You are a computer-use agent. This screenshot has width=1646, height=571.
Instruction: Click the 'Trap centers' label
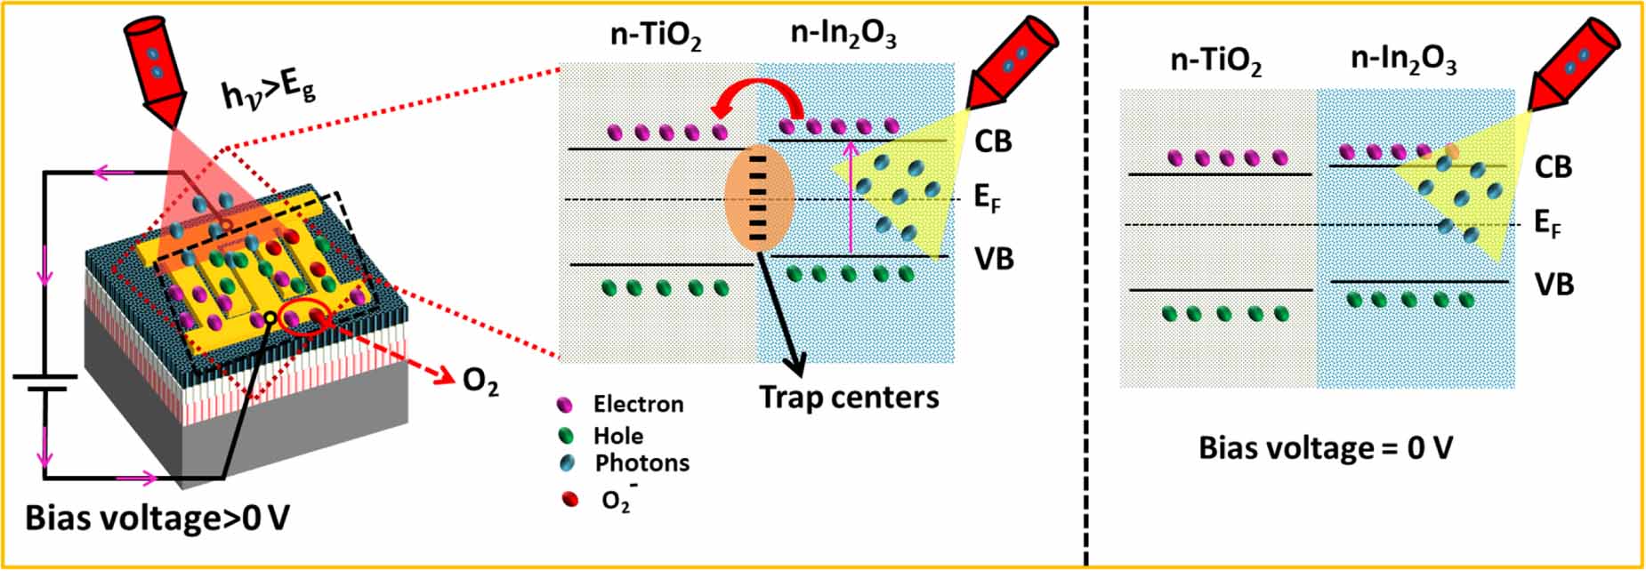(x=849, y=397)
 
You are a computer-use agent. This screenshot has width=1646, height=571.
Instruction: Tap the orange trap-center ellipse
(x=759, y=197)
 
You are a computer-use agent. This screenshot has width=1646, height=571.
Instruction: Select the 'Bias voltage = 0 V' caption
(x=1325, y=447)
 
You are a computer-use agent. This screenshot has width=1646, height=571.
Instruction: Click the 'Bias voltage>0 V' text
(x=157, y=519)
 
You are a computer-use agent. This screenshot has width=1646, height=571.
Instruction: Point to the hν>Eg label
(x=268, y=90)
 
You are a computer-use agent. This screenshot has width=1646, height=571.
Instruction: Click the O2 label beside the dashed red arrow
(x=480, y=382)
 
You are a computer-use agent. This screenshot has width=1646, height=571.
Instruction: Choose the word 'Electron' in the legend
(x=639, y=405)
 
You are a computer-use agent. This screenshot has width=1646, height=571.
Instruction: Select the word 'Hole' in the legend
(x=618, y=436)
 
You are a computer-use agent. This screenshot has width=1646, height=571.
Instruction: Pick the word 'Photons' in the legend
(x=641, y=463)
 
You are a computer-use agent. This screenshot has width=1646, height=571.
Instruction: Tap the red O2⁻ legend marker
(x=569, y=499)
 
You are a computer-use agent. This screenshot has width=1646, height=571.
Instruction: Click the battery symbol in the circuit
(x=44, y=383)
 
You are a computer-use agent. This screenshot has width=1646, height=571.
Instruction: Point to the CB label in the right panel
(x=1553, y=167)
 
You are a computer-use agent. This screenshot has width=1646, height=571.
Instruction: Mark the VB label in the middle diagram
(x=994, y=259)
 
